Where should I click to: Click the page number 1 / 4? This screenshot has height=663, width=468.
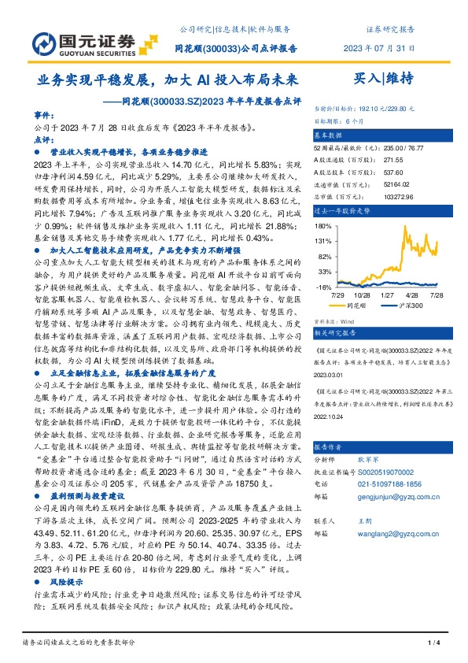[x=432, y=645]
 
